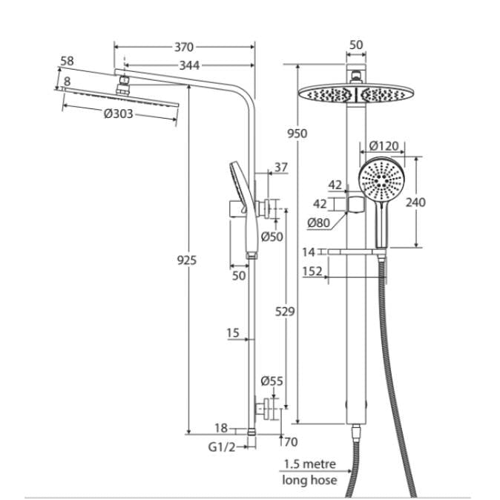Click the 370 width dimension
coord(184,47)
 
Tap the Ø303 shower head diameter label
coord(119,114)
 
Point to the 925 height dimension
coord(187,260)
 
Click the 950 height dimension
coord(296,134)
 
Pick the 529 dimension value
coord(284,312)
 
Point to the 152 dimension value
coord(312,272)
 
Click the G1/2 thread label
coord(221,447)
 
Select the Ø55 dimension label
coord(272,381)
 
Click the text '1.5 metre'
coord(309,464)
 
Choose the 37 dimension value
coord(280,168)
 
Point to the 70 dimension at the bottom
coord(290,444)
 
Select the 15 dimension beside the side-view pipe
coord(234,334)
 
